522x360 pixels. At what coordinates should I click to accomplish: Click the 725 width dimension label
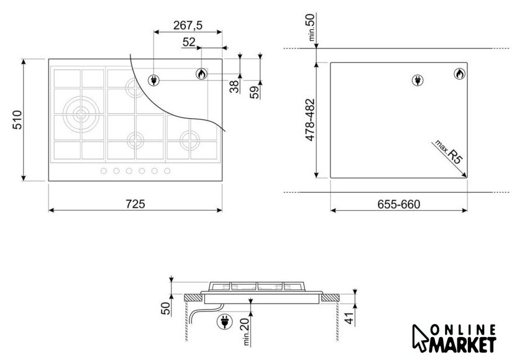click(x=135, y=204)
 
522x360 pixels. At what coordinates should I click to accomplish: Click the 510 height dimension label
click(x=17, y=120)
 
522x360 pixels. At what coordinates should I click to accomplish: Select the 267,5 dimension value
click(x=188, y=25)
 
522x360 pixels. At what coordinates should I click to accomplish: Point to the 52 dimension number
click(x=189, y=42)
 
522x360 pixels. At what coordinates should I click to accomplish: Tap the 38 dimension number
click(x=234, y=86)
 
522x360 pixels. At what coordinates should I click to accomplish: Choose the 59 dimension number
click(x=254, y=92)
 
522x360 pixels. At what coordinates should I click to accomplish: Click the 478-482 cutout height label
click(x=310, y=120)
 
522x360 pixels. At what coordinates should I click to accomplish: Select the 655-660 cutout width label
click(x=399, y=204)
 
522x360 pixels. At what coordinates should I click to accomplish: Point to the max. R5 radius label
click(x=449, y=152)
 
